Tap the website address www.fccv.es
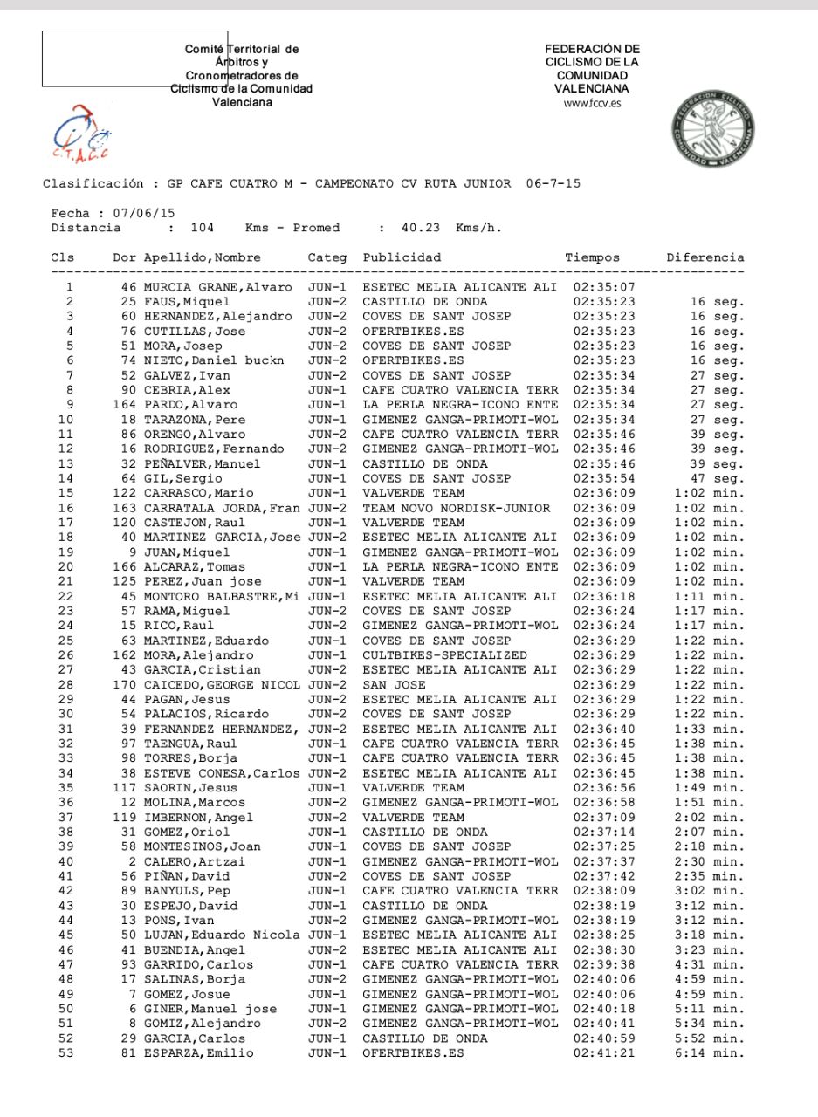click(592, 103)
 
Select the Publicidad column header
click(402, 257)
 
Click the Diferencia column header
click(705, 257)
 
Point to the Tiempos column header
click(592, 257)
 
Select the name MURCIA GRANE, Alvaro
click(218, 287)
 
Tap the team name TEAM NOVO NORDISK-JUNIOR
click(457, 508)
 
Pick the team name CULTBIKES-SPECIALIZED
click(445, 655)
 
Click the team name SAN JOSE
click(395, 685)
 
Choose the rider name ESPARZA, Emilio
click(199, 1053)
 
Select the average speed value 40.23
click(422, 228)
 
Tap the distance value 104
click(202, 228)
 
